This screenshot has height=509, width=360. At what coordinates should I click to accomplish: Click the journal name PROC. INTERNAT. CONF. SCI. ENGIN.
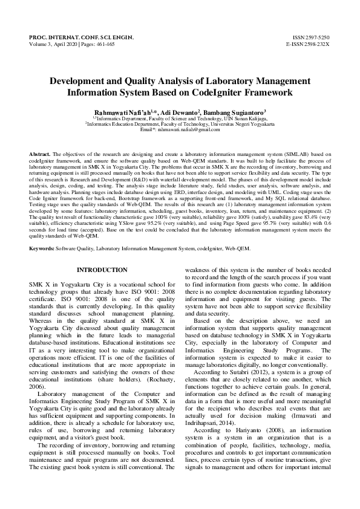[x=82, y=37]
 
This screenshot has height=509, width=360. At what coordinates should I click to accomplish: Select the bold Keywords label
[x=42, y=265]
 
